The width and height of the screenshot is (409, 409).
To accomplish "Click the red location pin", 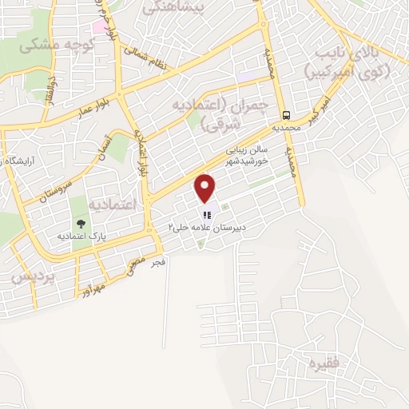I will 206,189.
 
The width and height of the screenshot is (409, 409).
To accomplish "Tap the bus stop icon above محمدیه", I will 286,114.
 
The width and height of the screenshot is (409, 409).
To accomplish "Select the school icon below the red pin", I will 206,214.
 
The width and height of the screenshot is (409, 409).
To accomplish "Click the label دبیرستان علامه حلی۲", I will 205,228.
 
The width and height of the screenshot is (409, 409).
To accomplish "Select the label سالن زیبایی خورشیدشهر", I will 248,153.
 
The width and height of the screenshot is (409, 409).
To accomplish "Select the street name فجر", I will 157,261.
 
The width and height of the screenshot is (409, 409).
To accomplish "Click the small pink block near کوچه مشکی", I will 98,26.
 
